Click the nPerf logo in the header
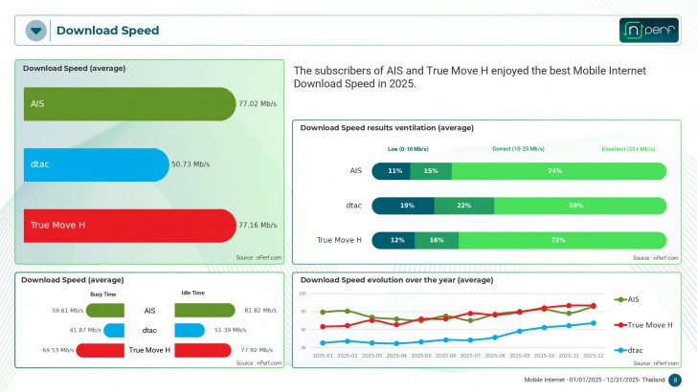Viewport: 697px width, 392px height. tap(648, 31)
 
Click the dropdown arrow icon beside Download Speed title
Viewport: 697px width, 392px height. tap(36, 31)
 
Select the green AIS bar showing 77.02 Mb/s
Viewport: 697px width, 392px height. tap(129, 103)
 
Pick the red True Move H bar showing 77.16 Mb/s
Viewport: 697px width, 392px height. tap(129, 225)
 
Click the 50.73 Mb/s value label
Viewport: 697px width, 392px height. tap(191, 164)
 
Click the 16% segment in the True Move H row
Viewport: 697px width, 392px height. tap(437, 240)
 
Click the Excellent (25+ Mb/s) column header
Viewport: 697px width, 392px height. tap(628, 149)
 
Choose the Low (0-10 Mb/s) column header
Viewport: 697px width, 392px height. tap(408, 149)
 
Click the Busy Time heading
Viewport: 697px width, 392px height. tap(103, 294)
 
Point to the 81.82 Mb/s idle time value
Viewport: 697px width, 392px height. tap(260, 311)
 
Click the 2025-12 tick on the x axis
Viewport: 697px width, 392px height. tap(594, 356)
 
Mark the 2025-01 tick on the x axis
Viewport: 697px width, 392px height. tap(322, 356)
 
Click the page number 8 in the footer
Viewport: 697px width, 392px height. tap(675, 380)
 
